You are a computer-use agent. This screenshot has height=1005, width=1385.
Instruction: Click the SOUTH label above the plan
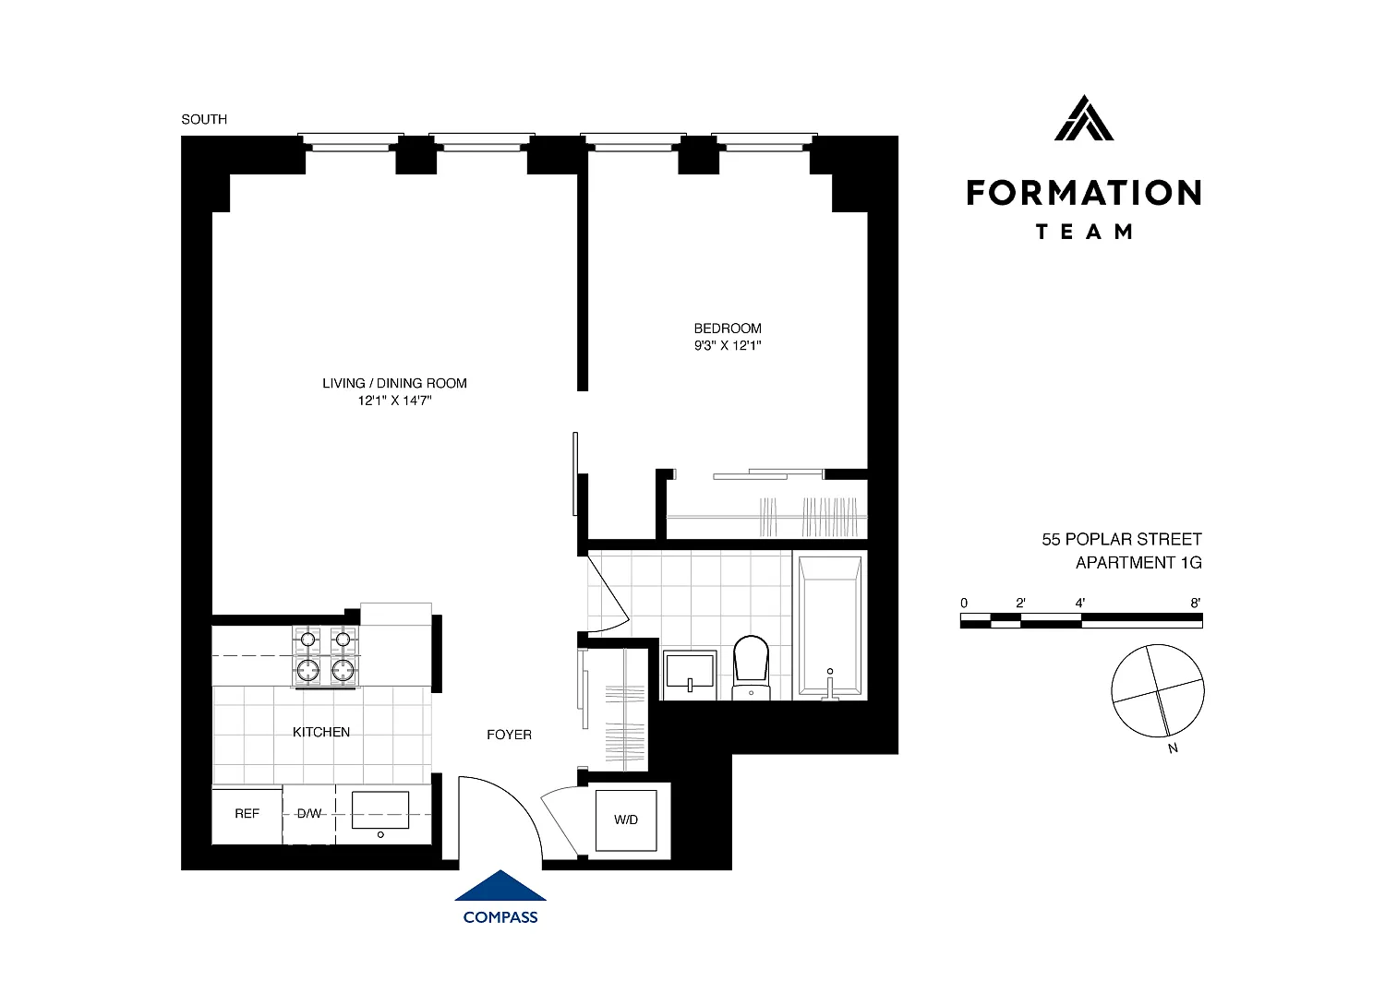tap(204, 119)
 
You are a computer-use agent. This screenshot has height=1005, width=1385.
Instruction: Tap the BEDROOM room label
tap(728, 329)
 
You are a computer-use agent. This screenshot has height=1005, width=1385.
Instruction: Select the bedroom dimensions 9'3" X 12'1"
tap(728, 345)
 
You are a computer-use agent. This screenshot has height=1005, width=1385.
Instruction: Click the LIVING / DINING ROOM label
tap(394, 383)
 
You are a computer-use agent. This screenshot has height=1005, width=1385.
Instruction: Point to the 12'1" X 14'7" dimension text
tap(394, 401)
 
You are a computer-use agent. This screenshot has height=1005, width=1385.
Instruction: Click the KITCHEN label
tap(321, 732)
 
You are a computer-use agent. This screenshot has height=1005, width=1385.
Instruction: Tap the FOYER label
tap(509, 735)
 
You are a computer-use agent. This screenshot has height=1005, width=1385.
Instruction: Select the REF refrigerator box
tap(247, 814)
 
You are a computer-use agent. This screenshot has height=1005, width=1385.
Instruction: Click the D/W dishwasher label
tap(309, 813)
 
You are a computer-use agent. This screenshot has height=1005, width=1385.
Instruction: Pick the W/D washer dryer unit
tap(626, 820)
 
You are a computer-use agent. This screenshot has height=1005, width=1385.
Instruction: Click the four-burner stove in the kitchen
tap(326, 656)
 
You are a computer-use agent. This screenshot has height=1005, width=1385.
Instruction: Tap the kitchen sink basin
tap(380, 809)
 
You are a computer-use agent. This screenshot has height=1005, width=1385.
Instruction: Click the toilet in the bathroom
tap(752, 667)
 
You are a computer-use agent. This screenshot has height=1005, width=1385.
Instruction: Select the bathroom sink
tap(690, 675)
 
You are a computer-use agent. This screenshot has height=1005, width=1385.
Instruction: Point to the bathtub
tap(830, 625)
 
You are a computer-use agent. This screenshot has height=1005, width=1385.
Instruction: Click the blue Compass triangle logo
tap(500, 885)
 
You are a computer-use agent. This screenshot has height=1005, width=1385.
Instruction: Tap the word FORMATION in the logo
tap(1084, 193)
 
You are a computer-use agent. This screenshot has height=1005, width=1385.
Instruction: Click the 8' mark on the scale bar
tap(1196, 603)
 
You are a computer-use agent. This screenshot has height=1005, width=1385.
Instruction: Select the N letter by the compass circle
tap(1173, 748)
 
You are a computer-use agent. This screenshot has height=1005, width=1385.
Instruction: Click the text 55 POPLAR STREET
tap(1122, 540)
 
